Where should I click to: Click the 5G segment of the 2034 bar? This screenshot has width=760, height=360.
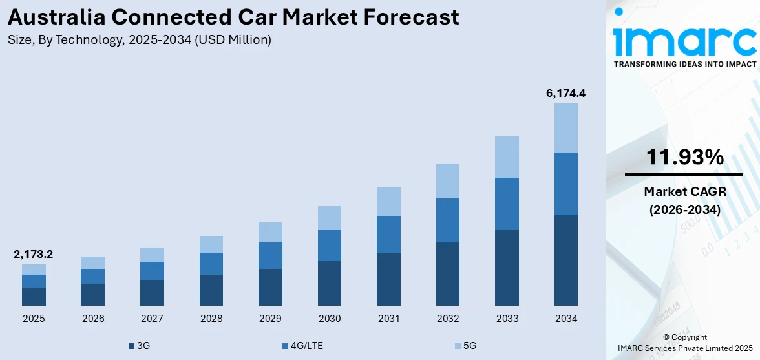[565, 128]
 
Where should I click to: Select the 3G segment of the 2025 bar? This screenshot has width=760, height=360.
[34, 296]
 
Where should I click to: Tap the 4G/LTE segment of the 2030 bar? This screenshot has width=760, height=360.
[329, 246]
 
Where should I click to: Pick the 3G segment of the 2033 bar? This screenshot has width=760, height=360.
[507, 268]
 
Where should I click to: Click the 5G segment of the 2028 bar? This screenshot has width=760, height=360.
[211, 244]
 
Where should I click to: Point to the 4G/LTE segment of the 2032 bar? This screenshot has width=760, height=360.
[447, 220]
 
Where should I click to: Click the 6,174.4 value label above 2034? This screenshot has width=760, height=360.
[565, 93]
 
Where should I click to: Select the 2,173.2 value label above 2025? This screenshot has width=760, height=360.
[34, 254]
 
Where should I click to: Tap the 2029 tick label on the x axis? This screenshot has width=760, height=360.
[270, 319]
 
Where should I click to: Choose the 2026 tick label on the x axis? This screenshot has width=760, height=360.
[92, 319]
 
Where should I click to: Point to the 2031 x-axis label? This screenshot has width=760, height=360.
[388, 319]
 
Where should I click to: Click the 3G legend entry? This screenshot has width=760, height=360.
[139, 346]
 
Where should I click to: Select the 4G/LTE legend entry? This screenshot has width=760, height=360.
[302, 346]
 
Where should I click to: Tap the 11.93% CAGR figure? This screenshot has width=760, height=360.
[684, 157]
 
